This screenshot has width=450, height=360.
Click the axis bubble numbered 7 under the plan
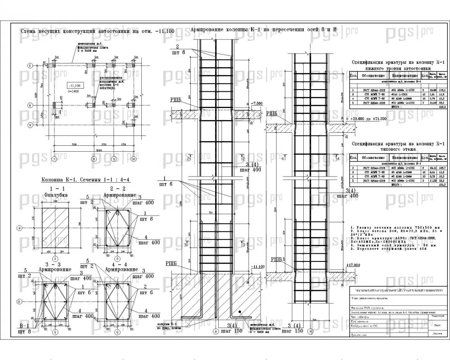(54, 159)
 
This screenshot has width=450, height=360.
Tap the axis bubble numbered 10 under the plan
(133, 159)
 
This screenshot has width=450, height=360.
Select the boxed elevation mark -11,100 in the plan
(74, 85)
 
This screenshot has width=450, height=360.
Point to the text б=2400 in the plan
(73, 91)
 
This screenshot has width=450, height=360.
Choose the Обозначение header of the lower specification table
(372, 158)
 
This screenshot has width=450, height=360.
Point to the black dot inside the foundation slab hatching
(240, 311)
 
